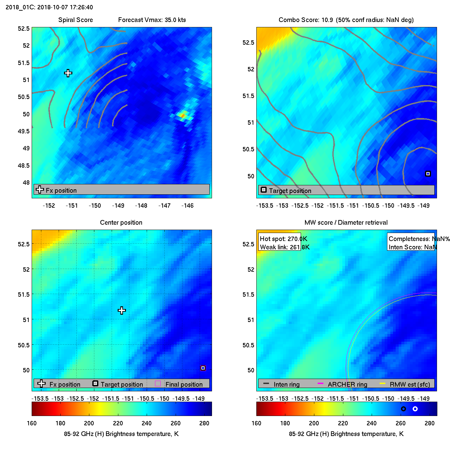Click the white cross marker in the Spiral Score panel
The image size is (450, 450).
(x=68, y=73)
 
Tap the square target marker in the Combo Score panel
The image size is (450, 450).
(x=428, y=174)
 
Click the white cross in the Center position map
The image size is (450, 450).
(x=122, y=311)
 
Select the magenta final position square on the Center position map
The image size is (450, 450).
(x=203, y=368)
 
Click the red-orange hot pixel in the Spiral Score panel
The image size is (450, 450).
(x=182, y=115)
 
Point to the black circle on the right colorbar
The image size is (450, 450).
(x=403, y=409)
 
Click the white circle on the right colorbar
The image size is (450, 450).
(x=415, y=409)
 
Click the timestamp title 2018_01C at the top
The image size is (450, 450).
(x=49, y=7)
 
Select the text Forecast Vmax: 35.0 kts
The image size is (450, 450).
(x=152, y=20)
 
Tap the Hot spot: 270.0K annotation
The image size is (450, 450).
(x=283, y=239)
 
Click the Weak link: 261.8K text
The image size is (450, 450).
(x=285, y=247)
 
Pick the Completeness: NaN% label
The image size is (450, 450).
(x=419, y=239)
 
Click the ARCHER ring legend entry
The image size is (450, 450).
(x=347, y=384)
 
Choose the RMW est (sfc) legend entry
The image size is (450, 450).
(x=410, y=384)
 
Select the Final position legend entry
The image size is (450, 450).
(x=184, y=384)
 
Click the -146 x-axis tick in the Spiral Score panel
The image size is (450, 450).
(x=187, y=205)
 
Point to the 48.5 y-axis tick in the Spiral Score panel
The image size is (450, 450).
(x=24, y=165)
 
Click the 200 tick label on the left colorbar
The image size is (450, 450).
(x=89, y=423)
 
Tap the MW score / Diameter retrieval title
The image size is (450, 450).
(x=346, y=222)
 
